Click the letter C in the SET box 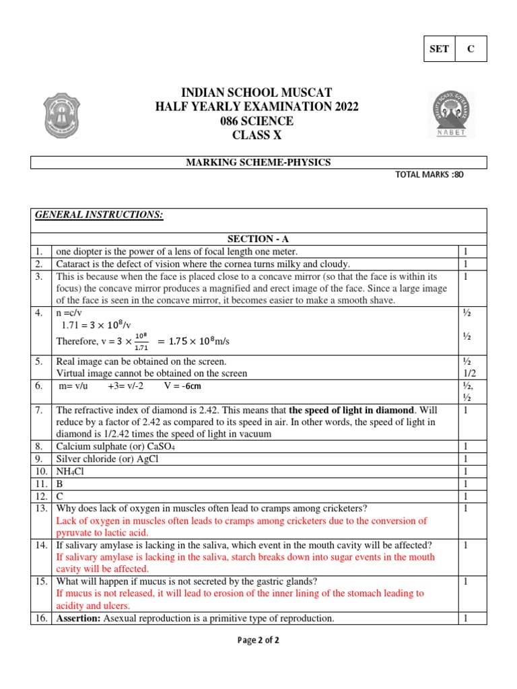471,49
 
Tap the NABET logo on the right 452,114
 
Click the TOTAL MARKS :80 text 429,175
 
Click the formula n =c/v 71,313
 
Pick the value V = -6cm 182,386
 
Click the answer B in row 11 60,484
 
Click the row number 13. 40,508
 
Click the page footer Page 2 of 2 258,641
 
